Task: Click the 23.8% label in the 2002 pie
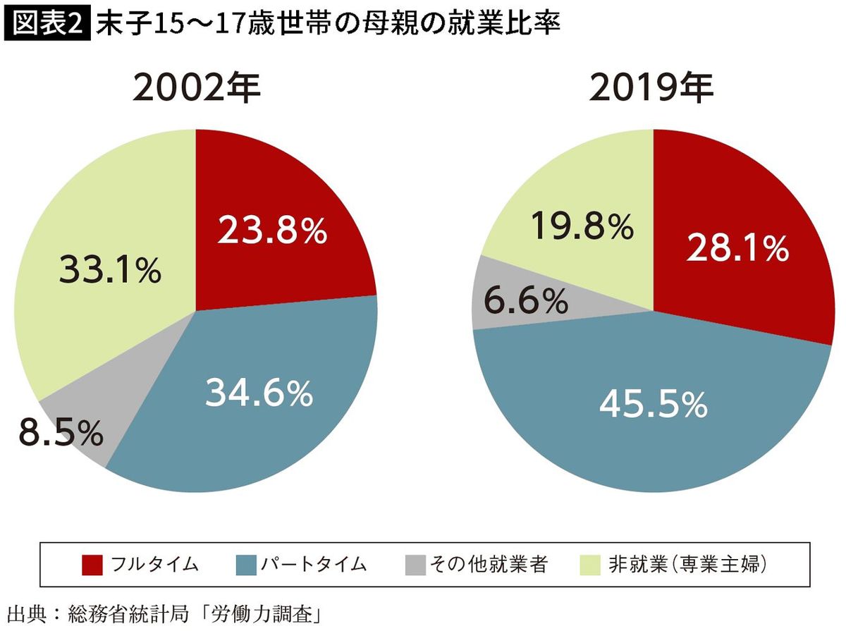[272, 230]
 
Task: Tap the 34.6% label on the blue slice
[259, 393]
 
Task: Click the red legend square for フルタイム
[92, 565]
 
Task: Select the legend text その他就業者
[488, 565]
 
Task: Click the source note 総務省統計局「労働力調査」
[190, 611]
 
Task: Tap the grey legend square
[416, 565]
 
